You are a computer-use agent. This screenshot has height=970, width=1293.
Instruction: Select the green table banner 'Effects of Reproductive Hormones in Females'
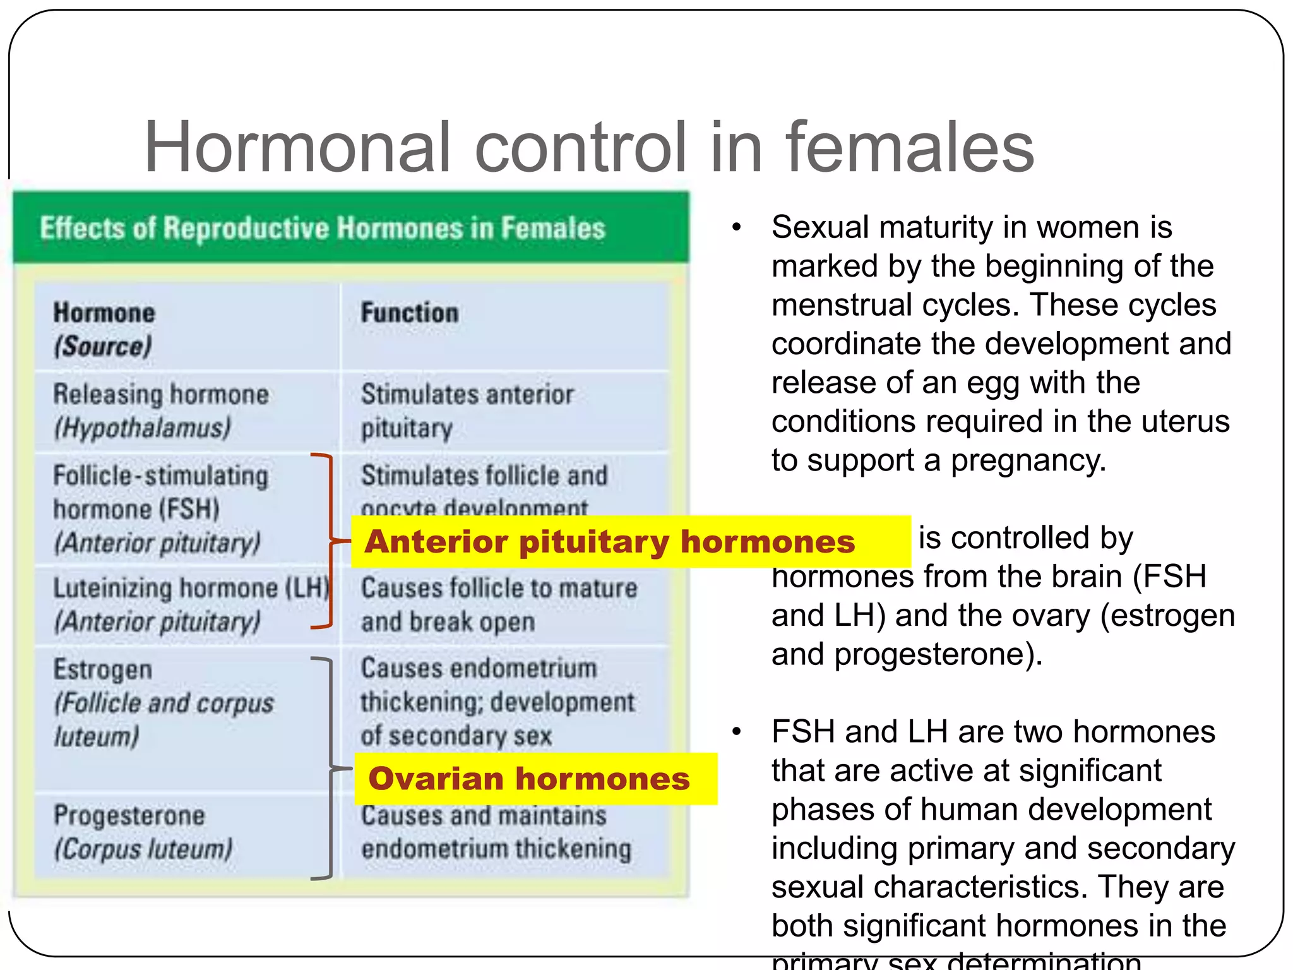350,228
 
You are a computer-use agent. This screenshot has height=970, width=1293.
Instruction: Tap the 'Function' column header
410,313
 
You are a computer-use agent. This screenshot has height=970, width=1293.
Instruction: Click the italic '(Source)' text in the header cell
103,346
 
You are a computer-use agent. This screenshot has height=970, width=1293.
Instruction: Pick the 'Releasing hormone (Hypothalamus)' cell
161,411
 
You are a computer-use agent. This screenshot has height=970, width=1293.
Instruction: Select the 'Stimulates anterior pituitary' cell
467,411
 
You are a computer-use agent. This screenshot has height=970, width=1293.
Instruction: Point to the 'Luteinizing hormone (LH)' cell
189,604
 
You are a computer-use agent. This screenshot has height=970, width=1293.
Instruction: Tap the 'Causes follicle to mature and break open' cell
499,604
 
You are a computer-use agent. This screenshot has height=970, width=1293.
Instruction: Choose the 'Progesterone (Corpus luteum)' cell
143,832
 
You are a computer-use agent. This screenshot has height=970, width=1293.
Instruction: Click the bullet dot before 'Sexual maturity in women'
736,228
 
